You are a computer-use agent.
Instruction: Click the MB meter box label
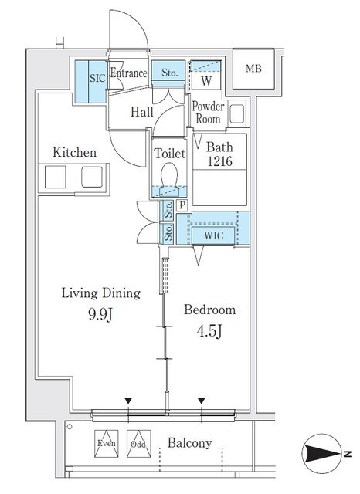(x=253, y=69)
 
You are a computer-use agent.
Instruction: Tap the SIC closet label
(x=97, y=78)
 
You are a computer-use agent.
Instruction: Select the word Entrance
(x=128, y=73)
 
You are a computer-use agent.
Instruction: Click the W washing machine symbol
(x=206, y=81)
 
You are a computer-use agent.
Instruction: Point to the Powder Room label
(x=208, y=113)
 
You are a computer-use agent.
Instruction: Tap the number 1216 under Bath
(x=219, y=161)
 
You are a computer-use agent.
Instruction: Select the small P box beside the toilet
(x=182, y=205)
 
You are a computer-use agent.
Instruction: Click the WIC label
(x=213, y=235)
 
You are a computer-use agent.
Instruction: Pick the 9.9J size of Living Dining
(x=100, y=314)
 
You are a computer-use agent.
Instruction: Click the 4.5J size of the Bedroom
(x=209, y=331)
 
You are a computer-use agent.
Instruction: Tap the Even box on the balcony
(x=107, y=444)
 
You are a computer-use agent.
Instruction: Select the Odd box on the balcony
(x=139, y=444)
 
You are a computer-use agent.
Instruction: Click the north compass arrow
(x=322, y=454)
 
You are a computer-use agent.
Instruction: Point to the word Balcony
(x=189, y=443)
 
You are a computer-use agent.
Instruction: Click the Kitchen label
(x=74, y=152)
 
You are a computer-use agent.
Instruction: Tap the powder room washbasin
(x=236, y=113)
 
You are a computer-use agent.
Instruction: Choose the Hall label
(x=142, y=111)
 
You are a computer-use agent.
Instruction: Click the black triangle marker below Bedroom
(x=202, y=401)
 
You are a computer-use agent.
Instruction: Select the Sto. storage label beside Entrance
(x=170, y=73)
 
